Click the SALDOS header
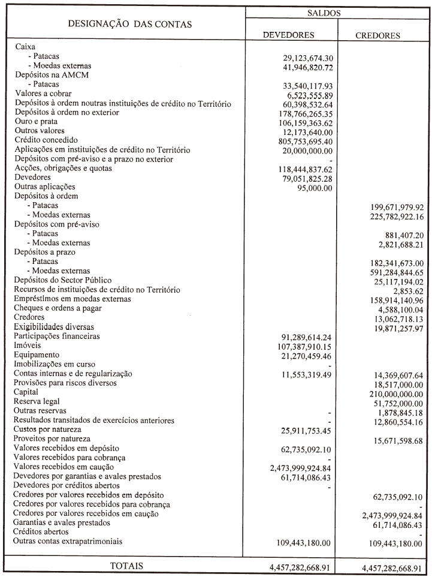click(337, 12)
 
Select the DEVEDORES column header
click(289, 35)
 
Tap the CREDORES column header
click(377, 35)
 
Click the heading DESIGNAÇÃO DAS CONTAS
click(130, 25)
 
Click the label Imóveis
click(27, 345)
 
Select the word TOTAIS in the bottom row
click(126, 566)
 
